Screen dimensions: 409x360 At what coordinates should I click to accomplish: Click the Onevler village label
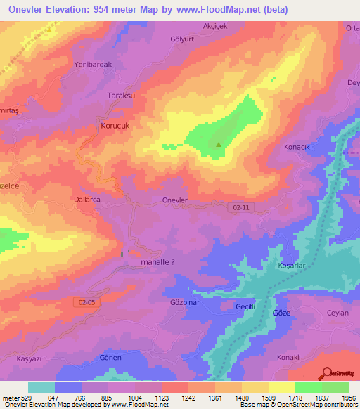(x=174, y=200)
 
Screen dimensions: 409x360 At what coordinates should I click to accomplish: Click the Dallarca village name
(x=88, y=200)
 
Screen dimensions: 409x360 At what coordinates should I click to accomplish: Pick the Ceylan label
(x=338, y=313)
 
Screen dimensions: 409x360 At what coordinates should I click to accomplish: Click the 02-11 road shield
(x=240, y=208)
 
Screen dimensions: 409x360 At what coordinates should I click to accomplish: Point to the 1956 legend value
(x=349, y=398)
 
